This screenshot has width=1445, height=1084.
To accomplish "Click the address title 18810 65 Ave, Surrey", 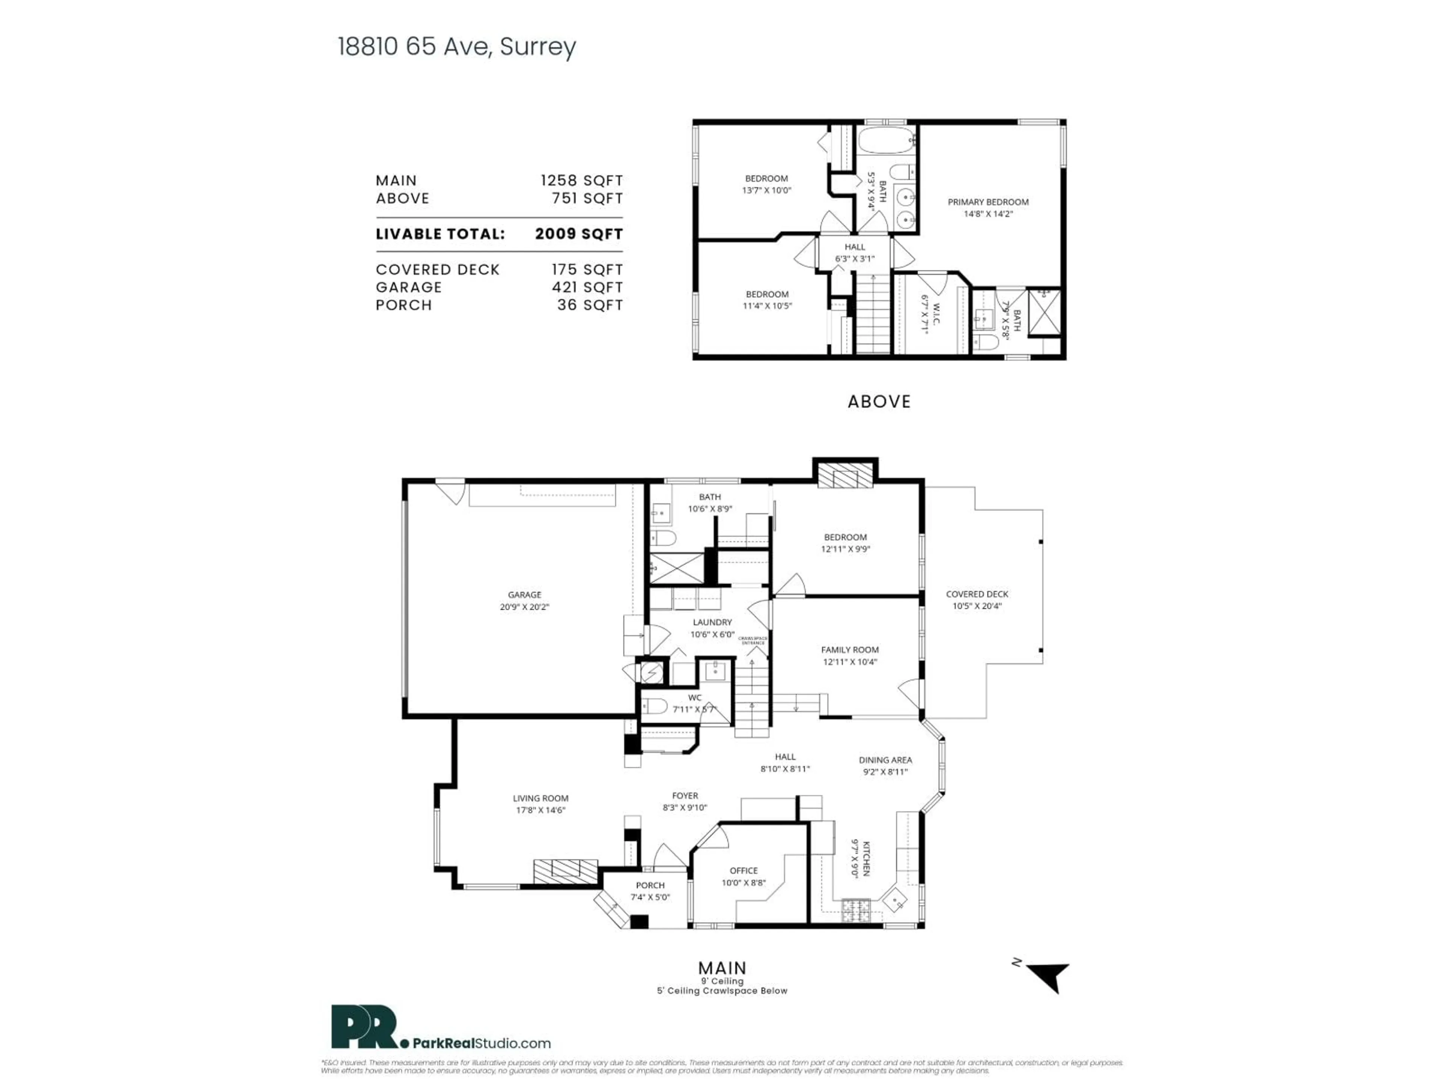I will coord(456,47).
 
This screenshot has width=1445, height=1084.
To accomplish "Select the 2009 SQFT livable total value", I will coord(579,234).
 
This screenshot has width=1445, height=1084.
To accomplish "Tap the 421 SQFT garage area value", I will coord(587,288).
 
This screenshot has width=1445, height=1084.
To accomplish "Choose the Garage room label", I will coord(525,595).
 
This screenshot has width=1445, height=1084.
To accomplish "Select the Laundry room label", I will coord(712,623).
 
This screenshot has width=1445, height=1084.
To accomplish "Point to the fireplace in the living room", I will coord(565,872).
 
